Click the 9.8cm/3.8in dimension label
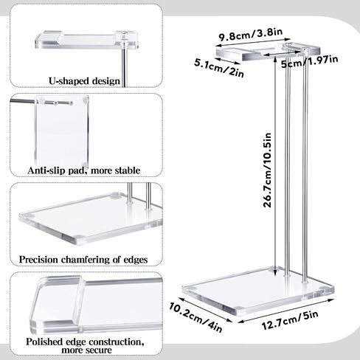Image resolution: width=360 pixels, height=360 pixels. [251, 35]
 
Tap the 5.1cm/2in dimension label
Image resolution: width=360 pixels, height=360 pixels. [219, 68]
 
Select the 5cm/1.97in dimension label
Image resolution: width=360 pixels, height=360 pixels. [310, 62]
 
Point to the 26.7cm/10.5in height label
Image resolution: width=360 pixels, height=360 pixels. [267, 170]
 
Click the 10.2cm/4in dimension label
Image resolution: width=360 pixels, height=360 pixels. [195, 318]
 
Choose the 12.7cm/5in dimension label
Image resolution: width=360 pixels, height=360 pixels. [290, 320]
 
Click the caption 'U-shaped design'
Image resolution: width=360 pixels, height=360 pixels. [84, 81]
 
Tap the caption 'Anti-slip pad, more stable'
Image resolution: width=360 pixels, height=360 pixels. [84, 170]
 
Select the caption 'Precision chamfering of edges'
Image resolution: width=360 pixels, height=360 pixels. [83, 260]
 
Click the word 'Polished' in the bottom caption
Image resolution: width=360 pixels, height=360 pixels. [44, 342]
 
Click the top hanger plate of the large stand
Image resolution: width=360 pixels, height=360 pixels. [268, 52]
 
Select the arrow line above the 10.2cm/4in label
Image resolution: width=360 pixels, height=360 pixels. [205, 310]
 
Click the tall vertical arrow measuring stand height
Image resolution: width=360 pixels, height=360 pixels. [275, 165]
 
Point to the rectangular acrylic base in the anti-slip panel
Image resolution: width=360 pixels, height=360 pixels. [61, 131]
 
